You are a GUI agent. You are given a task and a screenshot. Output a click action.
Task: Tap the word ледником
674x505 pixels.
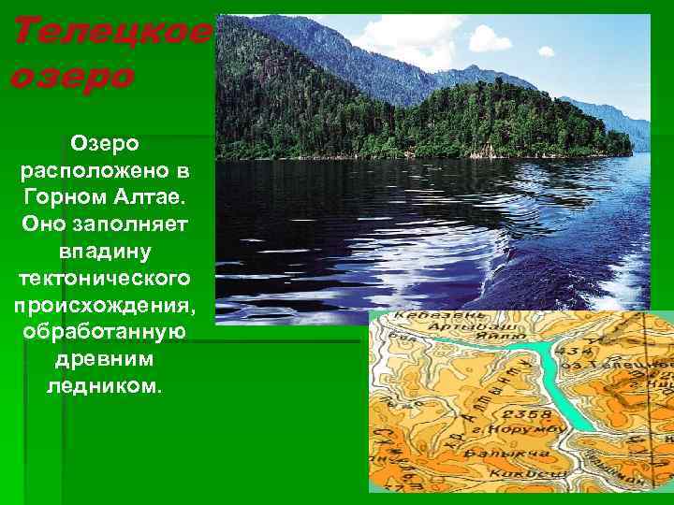[x=104, y=385]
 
